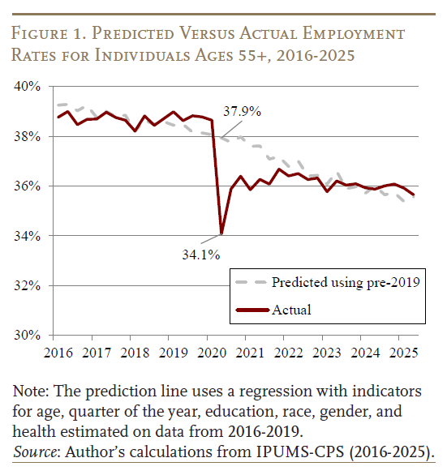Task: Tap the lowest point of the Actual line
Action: click(x=221, y=234)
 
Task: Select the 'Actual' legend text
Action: click(x=291, y=310)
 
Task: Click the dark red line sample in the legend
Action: click(x=251, y=310)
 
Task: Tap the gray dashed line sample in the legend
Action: click(x=251, y=283)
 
